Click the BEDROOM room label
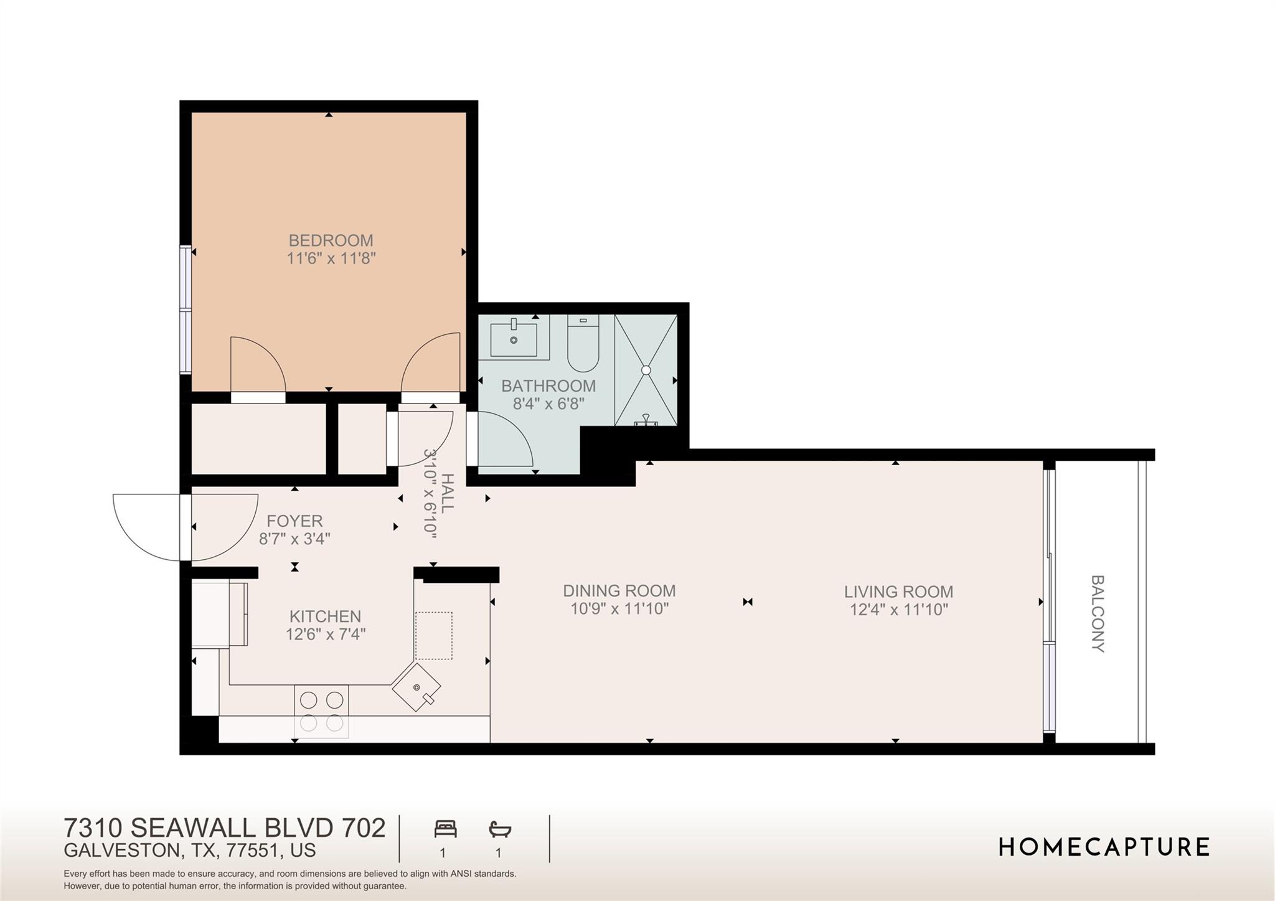pyautogui.click(x=331, y=240)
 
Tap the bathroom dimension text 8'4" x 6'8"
pyautogui.click(x=548, y=404)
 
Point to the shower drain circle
pyautogui.click(x=646, y=370)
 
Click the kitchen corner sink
pyautogui.click(x=416, y=687)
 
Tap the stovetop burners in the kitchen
pyautogui.click(x=321, y=711)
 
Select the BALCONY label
pyautogui.click(x=1098, y=613)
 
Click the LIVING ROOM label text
pyautogui.click(x=898, y=592)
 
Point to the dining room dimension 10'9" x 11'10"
pyautogui.click(x=619, y=609)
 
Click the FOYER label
pyautogui.click(x=294, y=521)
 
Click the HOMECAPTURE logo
pyautogui.click(x=1104, y=847)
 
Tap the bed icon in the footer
pyautogui.click(x=445, y=829)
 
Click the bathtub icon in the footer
pyautogui.click(x=499, y=829)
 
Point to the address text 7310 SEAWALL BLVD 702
pyautogui.click(x=225, y=828)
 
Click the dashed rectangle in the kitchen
pyautogui.click(x=433, y=635)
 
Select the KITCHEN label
pyautogui.click(x=325, y=616)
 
